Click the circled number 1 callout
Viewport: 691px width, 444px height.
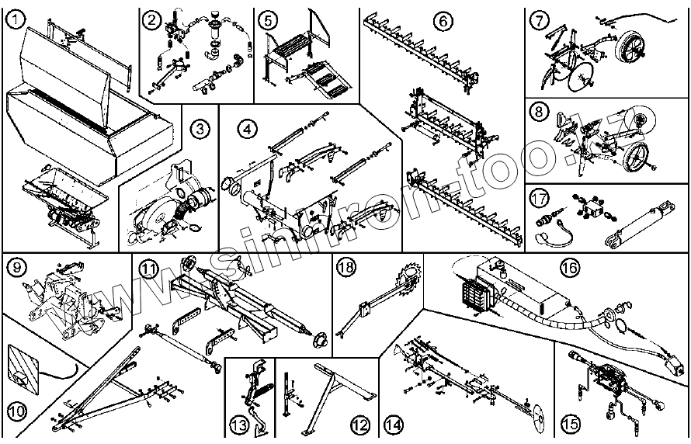click(14, 14)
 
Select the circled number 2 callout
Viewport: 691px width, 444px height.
click(153, 18)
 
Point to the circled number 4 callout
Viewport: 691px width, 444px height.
click(246, 129)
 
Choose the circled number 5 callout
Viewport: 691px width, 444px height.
click(268, 18)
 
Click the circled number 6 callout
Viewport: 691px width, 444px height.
click(443, 21)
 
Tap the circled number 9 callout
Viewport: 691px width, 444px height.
click(16, 268)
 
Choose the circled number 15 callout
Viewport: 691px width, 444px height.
click(571, 424)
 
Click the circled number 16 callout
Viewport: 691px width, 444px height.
click(568, 268)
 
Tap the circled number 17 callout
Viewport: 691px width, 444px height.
click(540, 197)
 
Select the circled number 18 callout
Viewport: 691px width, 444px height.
click(346, 268)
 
